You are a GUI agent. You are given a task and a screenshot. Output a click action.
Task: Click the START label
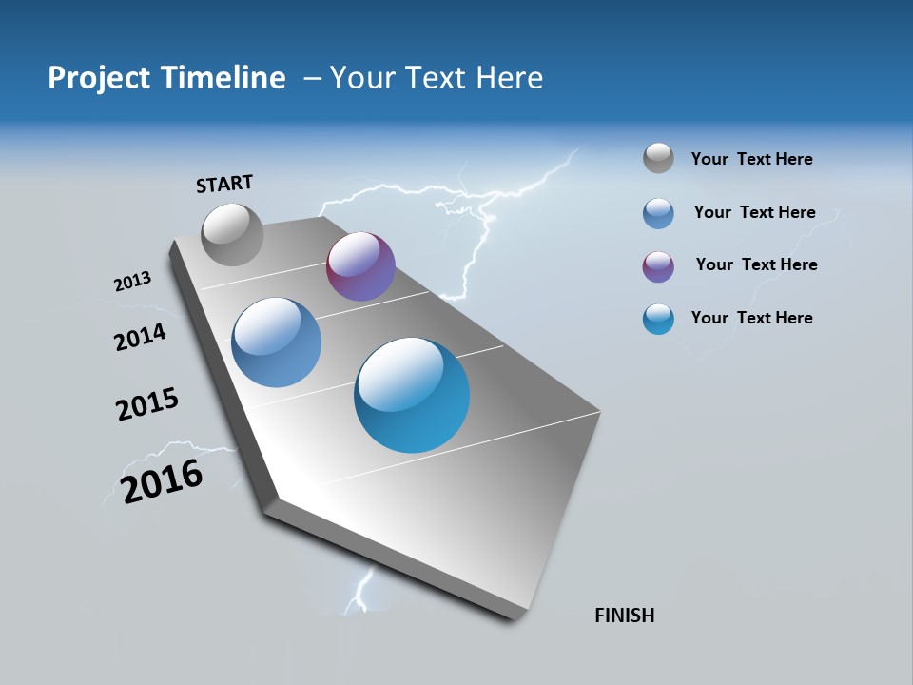(224, 184)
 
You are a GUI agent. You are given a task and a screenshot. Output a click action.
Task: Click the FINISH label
(624, 616)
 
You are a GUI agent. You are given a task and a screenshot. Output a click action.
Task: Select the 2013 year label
(132, 282)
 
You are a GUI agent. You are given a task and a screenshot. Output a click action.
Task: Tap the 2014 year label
(140, 337)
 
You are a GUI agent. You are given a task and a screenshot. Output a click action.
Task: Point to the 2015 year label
(146, 404)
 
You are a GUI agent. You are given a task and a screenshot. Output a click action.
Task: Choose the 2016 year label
(162, 481)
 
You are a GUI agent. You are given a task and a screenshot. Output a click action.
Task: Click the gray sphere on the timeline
(233, 234)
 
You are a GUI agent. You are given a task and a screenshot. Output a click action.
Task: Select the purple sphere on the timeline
(360, 266)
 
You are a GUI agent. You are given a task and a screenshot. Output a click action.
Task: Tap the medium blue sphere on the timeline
(276, 342)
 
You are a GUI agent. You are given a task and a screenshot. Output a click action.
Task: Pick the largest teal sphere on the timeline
(412, 395)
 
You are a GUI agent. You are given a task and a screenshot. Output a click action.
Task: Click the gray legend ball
(658, 158)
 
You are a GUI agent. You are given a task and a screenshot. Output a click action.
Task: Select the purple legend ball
(658, 266)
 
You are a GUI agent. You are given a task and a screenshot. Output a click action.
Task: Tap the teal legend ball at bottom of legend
(658, 319)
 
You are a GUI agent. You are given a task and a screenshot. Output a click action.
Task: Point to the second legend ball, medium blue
(658, 213)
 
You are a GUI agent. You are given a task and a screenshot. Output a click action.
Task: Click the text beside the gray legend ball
(751, 159)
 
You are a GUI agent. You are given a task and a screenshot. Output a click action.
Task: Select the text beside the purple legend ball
(756, 264)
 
